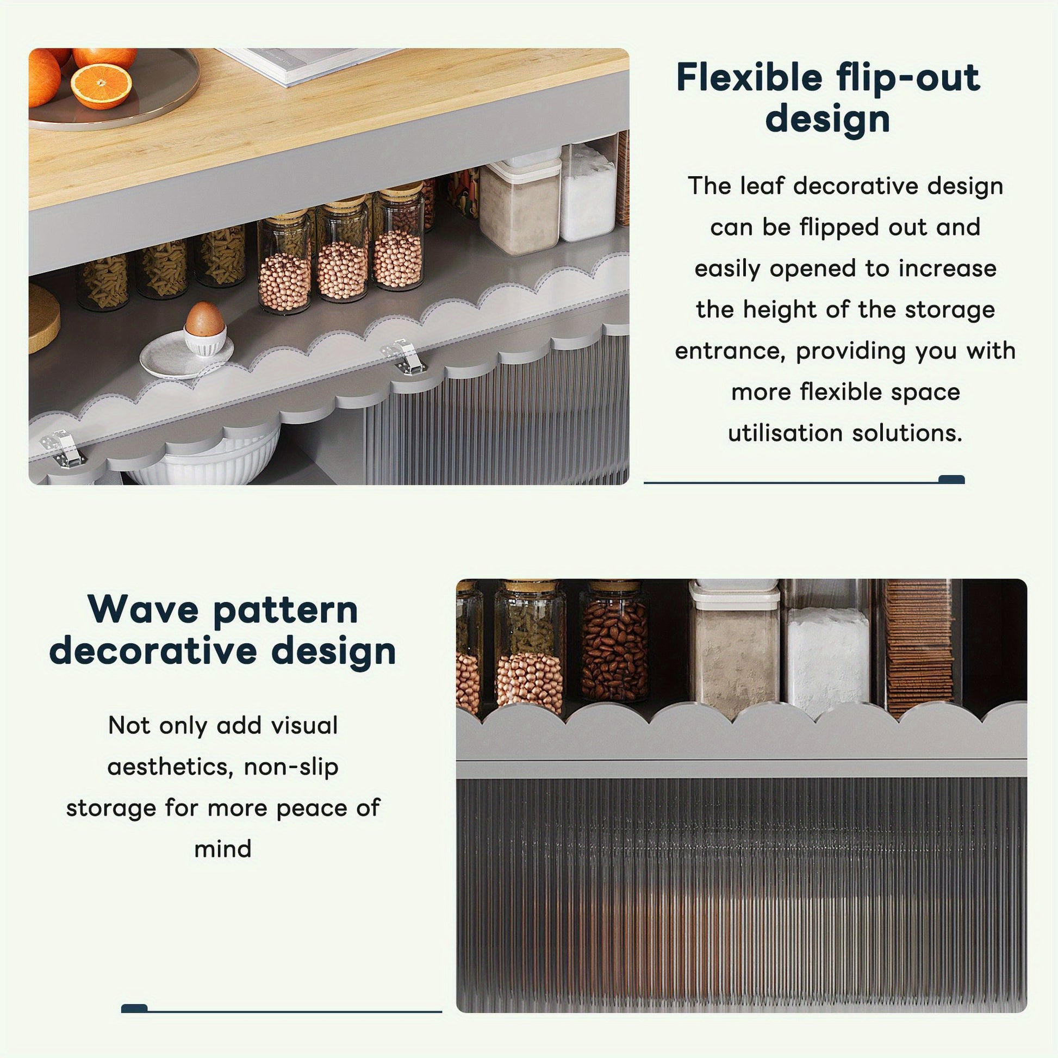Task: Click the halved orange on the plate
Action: point(102,86)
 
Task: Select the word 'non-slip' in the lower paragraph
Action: point(291,767)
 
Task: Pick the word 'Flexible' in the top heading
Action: point(749,77)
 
